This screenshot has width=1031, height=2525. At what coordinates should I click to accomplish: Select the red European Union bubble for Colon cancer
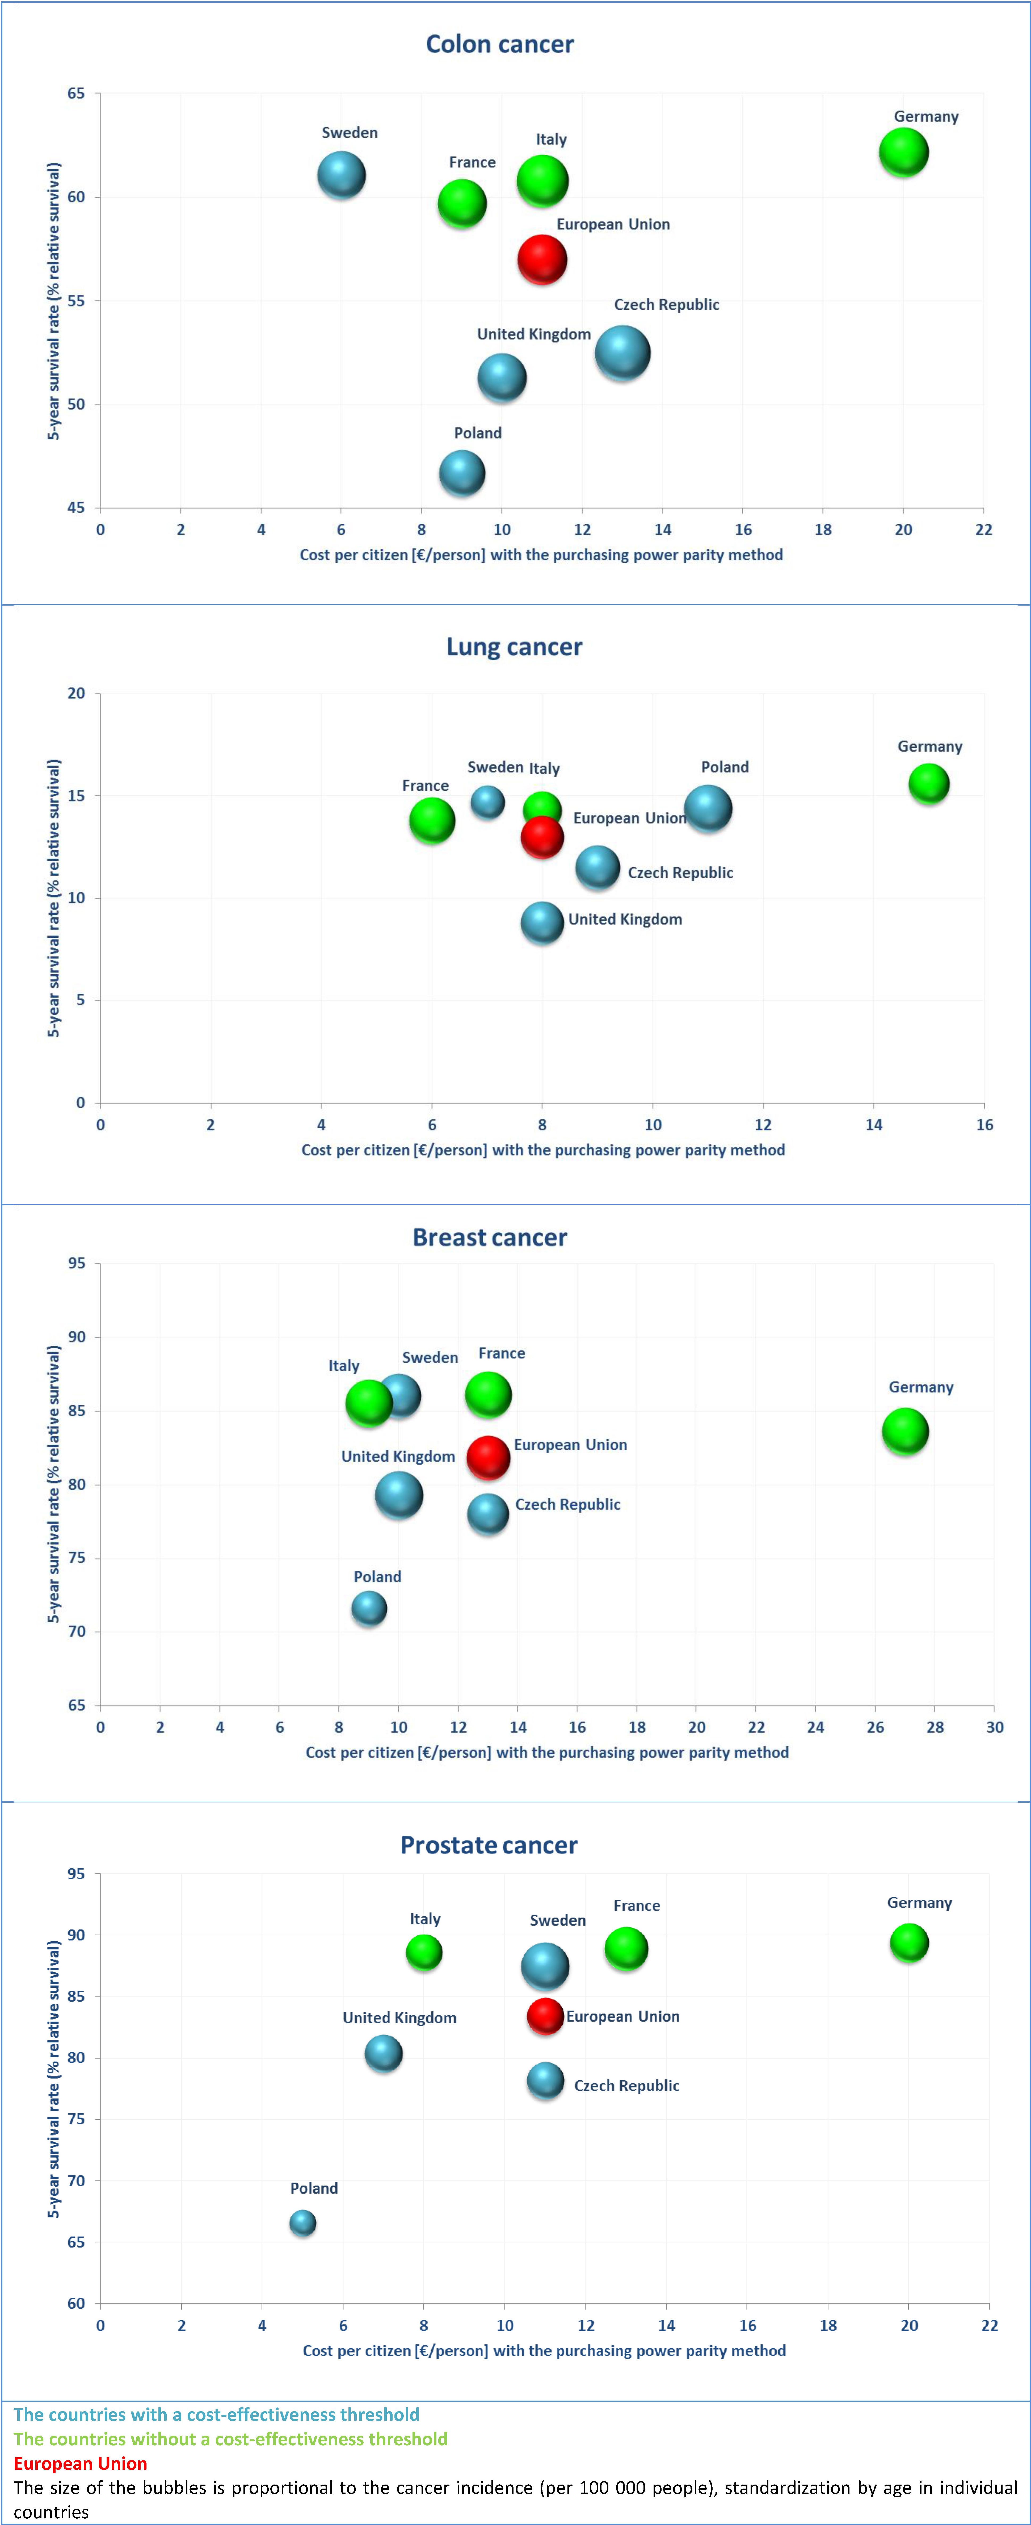(542, 260)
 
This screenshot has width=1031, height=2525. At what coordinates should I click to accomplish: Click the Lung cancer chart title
(515, 647)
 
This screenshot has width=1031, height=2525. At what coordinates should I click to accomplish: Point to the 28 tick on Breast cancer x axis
(935, 1727)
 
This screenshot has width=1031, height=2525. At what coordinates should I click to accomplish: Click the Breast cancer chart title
(490, 1238)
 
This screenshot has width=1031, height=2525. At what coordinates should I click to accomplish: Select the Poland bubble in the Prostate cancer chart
(303, 2223)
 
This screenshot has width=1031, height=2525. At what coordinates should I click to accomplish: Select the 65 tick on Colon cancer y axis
(77, 93)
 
